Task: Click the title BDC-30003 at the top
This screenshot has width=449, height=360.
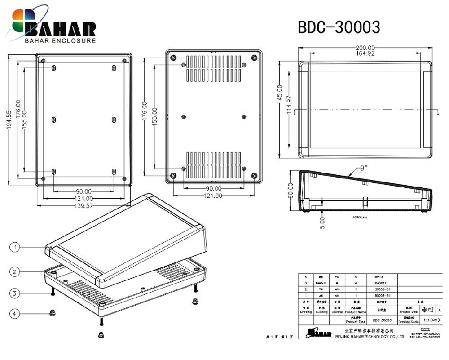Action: pyautogui.click(x=339, y=27)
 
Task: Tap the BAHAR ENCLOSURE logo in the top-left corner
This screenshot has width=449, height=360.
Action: pyautogui.click(x=54, y=27)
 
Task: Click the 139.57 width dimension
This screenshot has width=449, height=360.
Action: pyautogui.click(x=84, y=205)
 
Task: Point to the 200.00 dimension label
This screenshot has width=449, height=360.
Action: pyautogui.click(x=365, y=48)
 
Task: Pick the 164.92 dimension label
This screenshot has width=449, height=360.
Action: pyautogui.click(x=365, y=53)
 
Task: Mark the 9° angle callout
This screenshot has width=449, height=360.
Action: pyautogui.click(x=363, y=168)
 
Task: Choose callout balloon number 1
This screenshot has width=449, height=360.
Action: pyautogui.click(x=15, y=247)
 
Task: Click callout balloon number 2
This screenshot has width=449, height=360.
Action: pyautogui.click(x=15, y=271)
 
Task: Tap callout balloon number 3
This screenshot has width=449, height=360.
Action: pyautogui.click(x=15, y=293)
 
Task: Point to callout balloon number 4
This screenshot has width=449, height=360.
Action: pyautogui.click(x=15, y=314)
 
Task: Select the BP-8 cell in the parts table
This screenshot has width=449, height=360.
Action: pyautogui.click(x=379, y=277)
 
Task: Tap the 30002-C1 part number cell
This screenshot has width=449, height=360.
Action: pyautogui.click(x=380, y=289)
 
